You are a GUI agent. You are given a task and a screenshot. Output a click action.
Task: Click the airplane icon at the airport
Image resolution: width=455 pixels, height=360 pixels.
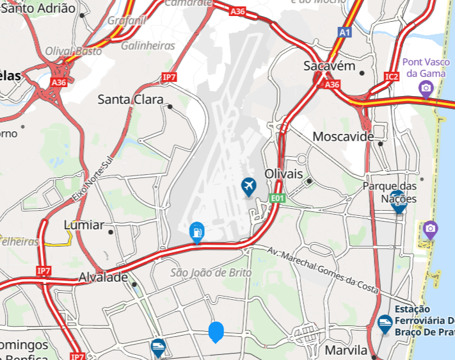pos(248,187)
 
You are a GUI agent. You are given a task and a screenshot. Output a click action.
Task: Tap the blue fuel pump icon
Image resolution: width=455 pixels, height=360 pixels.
pos(197,231)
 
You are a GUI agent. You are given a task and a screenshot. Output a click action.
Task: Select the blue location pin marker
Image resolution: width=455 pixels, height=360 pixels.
pos(216,331)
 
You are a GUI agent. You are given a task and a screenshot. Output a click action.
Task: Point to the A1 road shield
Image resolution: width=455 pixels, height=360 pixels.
pos(345,31)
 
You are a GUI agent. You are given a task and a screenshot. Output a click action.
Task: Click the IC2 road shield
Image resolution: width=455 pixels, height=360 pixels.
pos(392,77)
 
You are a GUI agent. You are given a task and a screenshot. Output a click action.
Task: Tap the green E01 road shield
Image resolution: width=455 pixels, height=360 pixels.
pos(277,199)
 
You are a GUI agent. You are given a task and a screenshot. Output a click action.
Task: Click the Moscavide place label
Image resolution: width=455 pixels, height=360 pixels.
pos(343,137)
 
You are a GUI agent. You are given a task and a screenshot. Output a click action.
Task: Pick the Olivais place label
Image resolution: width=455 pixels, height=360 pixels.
pos(283,174)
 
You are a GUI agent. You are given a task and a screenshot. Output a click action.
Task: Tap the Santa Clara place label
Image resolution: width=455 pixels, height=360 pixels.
pos(130,99)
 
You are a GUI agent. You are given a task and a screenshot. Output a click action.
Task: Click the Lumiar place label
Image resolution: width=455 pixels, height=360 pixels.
pos(84,225)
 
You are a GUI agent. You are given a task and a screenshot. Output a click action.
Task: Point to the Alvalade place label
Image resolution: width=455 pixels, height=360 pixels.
pos(103,277)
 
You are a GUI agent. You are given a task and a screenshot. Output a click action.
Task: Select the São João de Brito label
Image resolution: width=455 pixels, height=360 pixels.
pos(211,273)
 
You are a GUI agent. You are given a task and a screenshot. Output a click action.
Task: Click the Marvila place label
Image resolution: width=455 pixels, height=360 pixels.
pos(346,350)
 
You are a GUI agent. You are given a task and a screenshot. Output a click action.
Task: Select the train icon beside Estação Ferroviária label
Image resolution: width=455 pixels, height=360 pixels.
pos(385,324)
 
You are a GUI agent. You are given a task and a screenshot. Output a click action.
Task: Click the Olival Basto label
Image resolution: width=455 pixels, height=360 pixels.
pos(74,51)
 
